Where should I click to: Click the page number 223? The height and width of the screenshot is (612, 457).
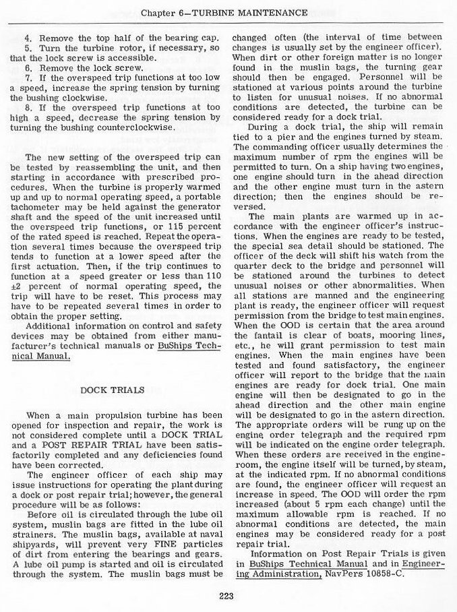(x=227, y=594)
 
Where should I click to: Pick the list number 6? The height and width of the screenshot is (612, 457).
(x=28, y=69)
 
